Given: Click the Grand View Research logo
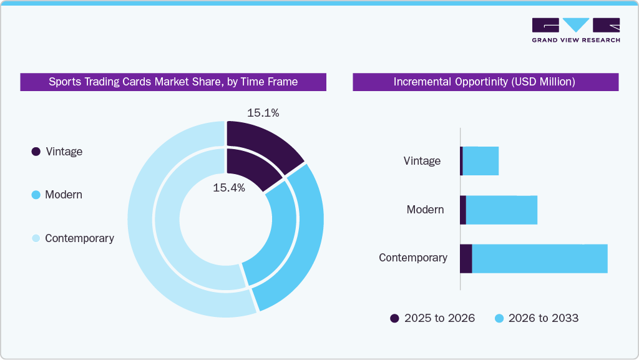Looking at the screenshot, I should coord(575,30).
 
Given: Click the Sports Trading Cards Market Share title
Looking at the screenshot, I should coord(173,82).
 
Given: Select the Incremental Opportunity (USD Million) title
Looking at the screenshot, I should coord(485,82).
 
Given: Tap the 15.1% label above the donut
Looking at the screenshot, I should coord(263,113).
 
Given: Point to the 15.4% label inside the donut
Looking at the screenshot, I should coord(229,187).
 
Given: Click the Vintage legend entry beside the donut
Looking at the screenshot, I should coord(57,152).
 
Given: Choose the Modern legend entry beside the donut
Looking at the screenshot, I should coord(57,195).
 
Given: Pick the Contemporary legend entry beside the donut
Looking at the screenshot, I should coord(72,238).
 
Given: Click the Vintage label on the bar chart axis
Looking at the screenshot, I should coord(422,161).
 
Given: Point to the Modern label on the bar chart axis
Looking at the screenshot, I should coord(425,209).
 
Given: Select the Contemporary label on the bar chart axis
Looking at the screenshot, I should coord(413,258).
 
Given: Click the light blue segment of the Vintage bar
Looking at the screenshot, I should coord(480,161).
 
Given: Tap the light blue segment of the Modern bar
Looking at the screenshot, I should coord(502,210).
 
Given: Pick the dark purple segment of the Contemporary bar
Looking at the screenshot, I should coord(466,258).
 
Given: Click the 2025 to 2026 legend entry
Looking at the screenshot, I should coord(432,318).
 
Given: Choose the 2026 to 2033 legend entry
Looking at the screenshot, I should coord(537,318).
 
